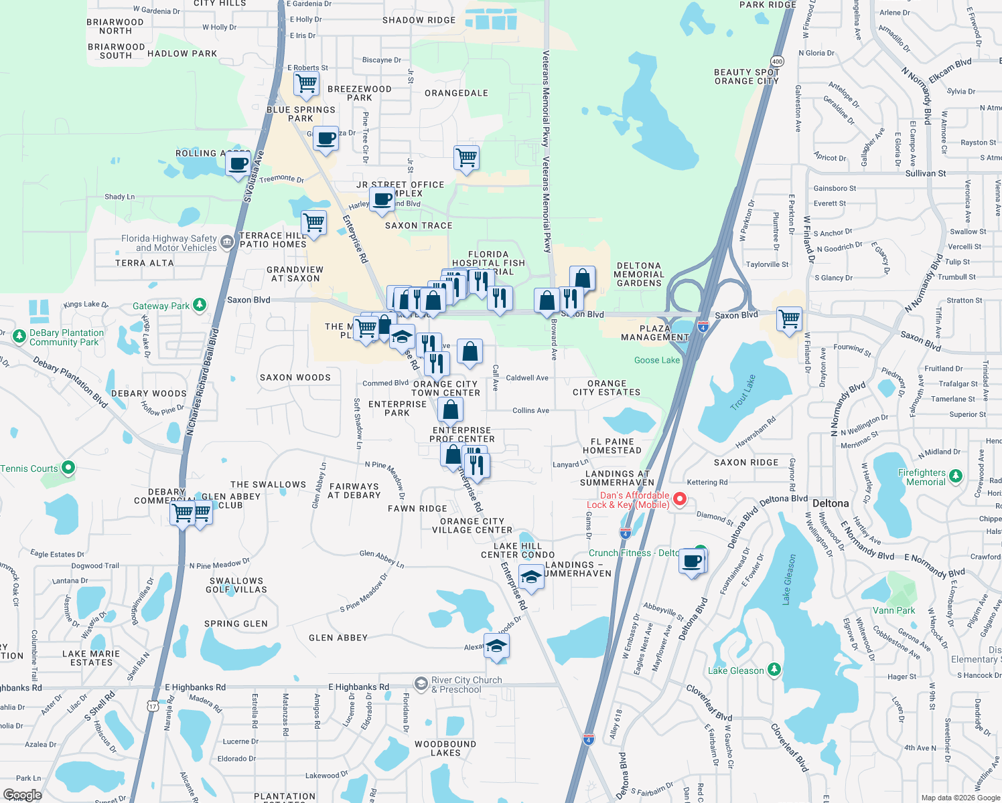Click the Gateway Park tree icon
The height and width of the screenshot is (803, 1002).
pos(200,305)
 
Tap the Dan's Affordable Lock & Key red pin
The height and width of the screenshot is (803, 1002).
pos(679,499)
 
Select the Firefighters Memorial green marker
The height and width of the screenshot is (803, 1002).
pos(956,476)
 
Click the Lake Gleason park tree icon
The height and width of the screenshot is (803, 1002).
pos(774,669)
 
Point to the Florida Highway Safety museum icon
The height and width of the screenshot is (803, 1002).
pos(227,242)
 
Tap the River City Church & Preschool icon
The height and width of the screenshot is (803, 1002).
pos(421,683)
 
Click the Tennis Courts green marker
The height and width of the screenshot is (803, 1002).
pos(68,468)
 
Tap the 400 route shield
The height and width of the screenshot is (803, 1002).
pos(777,61)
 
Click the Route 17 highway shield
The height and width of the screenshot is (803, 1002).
pos(153,706)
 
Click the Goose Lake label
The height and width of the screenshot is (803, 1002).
pos(656,360)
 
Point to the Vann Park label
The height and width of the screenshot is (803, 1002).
pos(893,610)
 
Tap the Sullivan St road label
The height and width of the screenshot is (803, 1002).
pos(926,173)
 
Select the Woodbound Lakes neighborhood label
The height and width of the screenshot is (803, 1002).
pos(445,748)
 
